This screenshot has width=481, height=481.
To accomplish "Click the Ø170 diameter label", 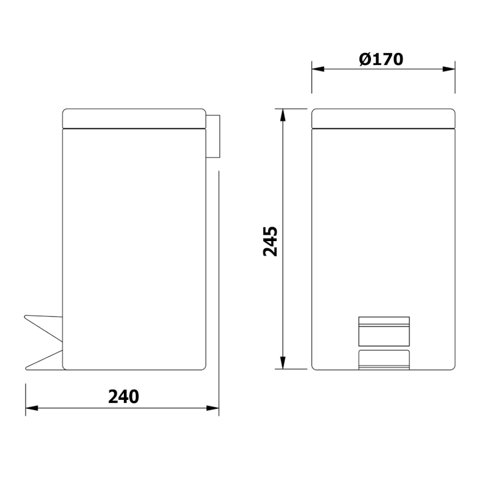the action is pyautogui.click(x=381, y=59).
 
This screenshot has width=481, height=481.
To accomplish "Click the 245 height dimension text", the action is pyautogui.click(x=270, y=242).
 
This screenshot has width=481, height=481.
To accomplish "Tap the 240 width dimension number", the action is pyautogui.click(x=124, y=396).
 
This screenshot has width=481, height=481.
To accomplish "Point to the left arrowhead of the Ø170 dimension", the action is pyautogui.click(x=318, y=69).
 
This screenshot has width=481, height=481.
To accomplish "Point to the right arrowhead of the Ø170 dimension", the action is pyautogui.click(x=449, y=69).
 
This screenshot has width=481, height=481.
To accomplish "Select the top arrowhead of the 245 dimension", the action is pyautogui.click(x=283, y=115).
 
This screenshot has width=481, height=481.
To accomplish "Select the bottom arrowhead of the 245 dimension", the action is pyautogui.click(x=283, y=363).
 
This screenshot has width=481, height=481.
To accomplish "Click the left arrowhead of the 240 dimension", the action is pyautogui.click(x=32, y=408).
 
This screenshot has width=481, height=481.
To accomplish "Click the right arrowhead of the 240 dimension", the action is pyautogui.click(x=213, y=408).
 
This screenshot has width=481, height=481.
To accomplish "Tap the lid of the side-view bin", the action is pyautogui.click(x=134, y=118).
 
